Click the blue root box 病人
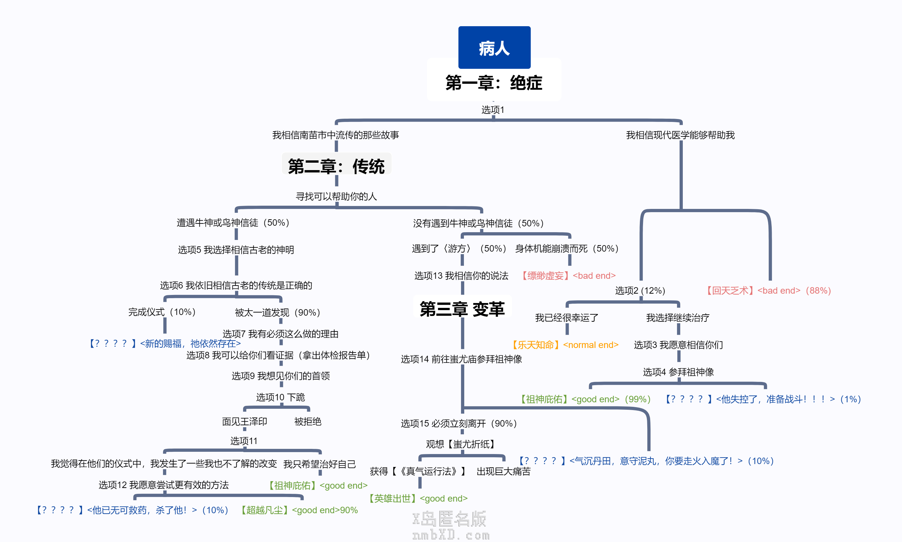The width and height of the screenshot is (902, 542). [494, 48]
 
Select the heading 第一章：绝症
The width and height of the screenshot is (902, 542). [494, 82]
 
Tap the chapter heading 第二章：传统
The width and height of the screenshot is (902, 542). [336, 166]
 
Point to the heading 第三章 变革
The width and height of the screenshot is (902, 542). [462, 309]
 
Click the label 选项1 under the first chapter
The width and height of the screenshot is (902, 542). [493, 110]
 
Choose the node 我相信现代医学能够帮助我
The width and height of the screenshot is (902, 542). [681, 135]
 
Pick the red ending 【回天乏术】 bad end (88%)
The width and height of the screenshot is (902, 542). [768, 291]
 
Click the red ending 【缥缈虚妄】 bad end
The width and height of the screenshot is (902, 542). [568, 276]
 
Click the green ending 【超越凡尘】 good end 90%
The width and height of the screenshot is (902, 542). [298, 510]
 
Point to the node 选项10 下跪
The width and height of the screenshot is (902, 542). [280, 397]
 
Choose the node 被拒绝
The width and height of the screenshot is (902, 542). [308, 422]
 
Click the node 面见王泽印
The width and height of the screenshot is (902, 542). [244, 422]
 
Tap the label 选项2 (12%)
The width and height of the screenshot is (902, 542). [640, 291]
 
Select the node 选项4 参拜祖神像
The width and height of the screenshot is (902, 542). [678, 372]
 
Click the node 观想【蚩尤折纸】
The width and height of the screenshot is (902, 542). [462, 444]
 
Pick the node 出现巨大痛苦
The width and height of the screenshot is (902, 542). [503, 472]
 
